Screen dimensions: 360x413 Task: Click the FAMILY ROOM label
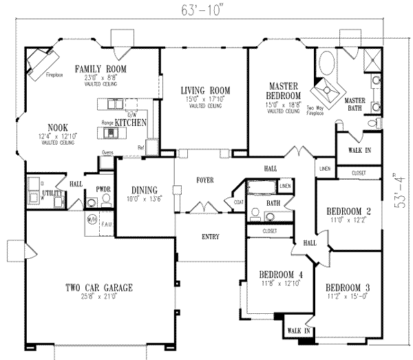coord(101,70)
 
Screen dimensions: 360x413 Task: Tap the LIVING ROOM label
coord(205,90)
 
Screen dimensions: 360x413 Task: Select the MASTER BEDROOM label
coord(283,90)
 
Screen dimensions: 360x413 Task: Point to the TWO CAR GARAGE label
coord(100,287)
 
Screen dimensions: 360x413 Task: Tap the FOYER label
coord(204,180)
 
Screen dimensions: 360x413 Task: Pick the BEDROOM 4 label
coord(275,273)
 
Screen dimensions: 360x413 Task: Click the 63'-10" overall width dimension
coord(195,10)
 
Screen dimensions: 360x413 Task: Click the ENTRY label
coord(211,237)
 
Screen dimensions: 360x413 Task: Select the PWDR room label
coord(104,187)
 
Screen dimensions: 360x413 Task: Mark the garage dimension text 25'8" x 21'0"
coord(100,297)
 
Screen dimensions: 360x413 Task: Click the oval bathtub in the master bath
coord(326,65)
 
